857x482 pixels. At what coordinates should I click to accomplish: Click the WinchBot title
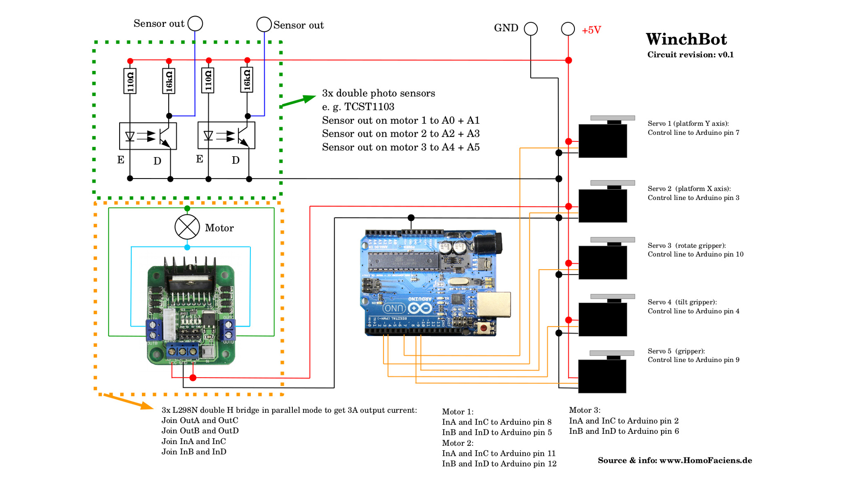pos(686,39)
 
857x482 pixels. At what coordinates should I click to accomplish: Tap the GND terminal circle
pos(531,29)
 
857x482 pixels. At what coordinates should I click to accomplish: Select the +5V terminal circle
pos(568,29)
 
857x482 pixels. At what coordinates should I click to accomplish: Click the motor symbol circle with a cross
pos(187,227)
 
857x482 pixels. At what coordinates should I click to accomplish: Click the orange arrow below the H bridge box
pos(129,401)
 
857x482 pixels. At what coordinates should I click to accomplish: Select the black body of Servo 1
pos(603,141)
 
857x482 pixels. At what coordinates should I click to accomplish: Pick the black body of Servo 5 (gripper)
pos(602,376)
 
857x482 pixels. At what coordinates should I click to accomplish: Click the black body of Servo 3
pos(603,263)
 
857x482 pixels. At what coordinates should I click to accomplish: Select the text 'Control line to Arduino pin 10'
pos(695,254)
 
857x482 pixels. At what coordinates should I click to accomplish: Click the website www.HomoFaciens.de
pos(705,461)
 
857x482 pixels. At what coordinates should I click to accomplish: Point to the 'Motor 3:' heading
pos(584,410)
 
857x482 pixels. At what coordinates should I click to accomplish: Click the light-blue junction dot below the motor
pos(187,247)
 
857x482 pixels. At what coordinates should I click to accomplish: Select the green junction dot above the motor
pos(187,208)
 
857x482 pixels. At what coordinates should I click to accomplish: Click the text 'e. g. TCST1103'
pos(358,107)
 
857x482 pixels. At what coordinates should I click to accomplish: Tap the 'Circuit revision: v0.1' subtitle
pos(690,55)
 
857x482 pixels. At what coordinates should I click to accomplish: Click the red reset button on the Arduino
pos(483,328)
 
